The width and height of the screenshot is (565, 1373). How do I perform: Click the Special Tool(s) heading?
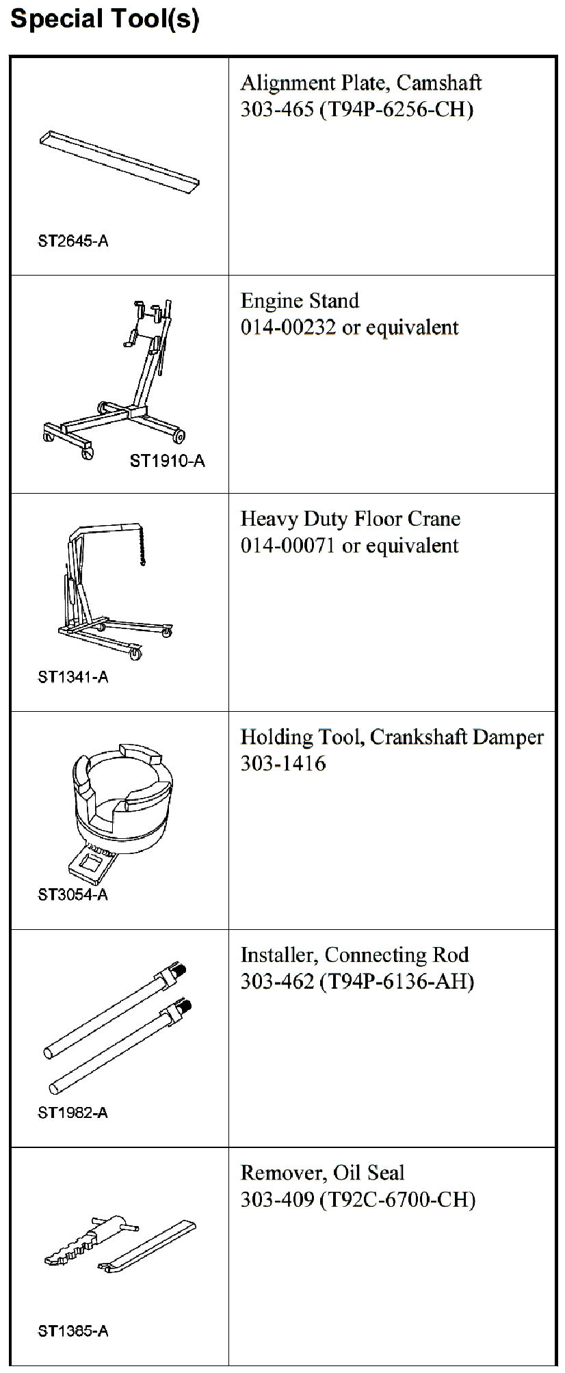105,18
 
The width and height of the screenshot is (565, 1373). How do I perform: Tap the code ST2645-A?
73,241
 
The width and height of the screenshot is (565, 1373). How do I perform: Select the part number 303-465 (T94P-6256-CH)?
356,109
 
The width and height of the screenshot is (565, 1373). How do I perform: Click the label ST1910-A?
167,460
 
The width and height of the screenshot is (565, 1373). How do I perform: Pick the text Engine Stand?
300,301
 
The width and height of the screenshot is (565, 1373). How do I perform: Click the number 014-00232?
288,328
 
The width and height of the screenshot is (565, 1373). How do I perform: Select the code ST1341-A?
73,677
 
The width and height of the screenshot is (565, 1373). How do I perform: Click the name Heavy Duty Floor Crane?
350,519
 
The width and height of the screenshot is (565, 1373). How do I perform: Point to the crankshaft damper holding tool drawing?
120,807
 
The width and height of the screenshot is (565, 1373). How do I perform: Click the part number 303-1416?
282,763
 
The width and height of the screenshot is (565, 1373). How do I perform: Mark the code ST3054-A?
73,894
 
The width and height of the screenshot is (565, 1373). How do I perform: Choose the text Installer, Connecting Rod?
354,955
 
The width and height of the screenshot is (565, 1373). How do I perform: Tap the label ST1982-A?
73,1112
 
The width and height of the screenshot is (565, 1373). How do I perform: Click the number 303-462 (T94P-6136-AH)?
357,982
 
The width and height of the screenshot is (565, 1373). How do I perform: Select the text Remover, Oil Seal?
322,1173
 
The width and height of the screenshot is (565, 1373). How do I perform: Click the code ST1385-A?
73,1331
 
